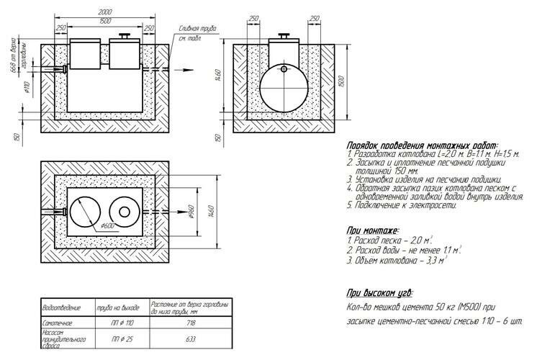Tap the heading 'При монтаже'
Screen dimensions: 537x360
point(372,230)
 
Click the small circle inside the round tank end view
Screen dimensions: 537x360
point(284,70)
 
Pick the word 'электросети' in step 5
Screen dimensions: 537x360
point(432,205)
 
